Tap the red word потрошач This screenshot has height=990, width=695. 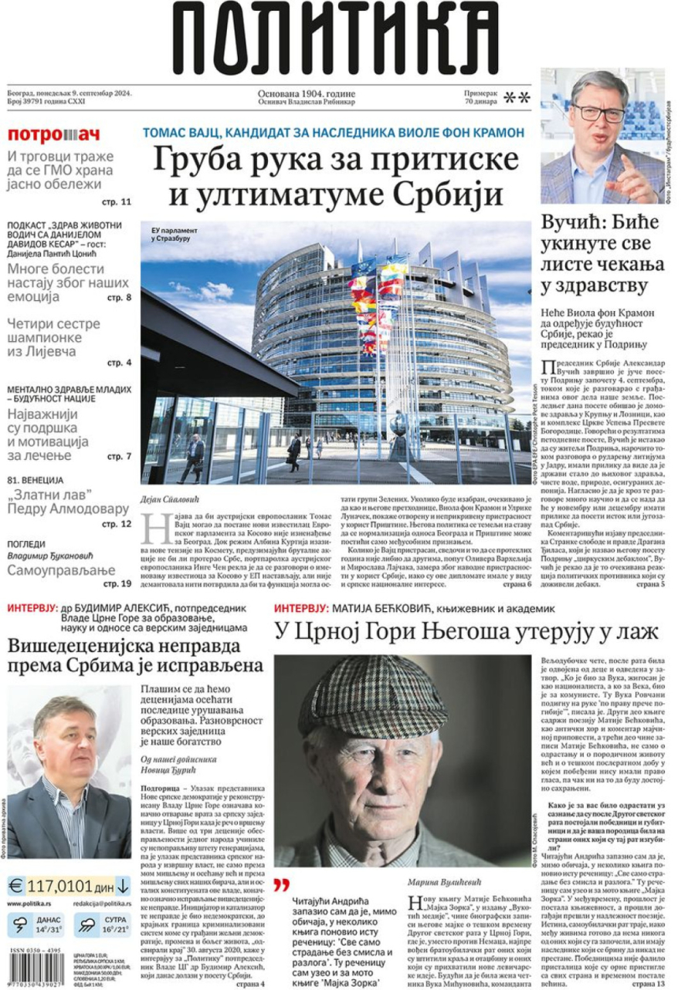(x=54, y=134)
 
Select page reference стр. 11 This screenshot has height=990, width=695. (x=117, y=201)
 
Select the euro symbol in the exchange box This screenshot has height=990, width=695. (x=16, y=884)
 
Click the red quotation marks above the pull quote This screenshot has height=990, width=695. (x=282, y=884)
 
